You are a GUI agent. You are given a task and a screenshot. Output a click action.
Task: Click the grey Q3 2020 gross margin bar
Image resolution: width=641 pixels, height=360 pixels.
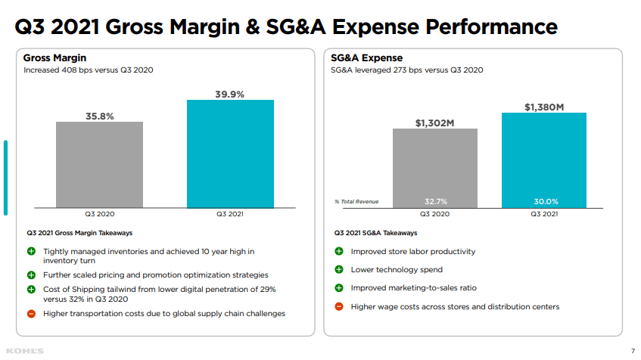99,164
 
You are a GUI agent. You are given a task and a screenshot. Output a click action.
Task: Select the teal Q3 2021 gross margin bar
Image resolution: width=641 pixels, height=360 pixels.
230,154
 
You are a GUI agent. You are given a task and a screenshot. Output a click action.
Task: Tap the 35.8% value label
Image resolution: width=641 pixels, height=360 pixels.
99,116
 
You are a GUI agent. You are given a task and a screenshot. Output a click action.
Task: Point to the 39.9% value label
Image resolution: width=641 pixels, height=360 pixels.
230,94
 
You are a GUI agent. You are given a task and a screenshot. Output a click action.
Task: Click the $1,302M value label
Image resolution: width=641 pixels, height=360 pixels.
435,123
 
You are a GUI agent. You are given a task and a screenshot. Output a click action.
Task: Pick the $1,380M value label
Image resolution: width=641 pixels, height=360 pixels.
544,107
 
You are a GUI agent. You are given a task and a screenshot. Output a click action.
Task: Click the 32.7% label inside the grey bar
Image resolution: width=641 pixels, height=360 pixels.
435,201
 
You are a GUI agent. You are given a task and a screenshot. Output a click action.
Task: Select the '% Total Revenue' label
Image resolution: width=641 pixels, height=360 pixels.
356,201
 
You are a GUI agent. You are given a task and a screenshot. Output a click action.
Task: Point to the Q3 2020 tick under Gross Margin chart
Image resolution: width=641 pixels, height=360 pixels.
99,215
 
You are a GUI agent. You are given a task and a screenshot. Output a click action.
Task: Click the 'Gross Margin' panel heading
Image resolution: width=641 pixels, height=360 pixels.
54,57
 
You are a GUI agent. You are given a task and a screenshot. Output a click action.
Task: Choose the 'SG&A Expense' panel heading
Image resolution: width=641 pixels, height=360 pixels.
367,57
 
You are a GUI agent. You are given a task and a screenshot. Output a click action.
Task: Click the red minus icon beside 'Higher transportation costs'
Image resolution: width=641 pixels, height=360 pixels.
31,313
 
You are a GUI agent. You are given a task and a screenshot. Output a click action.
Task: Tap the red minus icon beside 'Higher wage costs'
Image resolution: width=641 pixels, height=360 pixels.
338,306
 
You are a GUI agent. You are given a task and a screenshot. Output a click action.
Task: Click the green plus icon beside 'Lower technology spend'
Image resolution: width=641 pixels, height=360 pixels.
338,269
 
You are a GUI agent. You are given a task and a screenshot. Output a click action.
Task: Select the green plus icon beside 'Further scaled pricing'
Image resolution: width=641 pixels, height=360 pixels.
31,275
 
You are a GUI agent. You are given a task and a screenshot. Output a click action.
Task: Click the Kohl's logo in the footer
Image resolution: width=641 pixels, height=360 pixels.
24,350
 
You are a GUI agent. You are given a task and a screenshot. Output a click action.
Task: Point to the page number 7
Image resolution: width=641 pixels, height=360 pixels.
633,350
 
